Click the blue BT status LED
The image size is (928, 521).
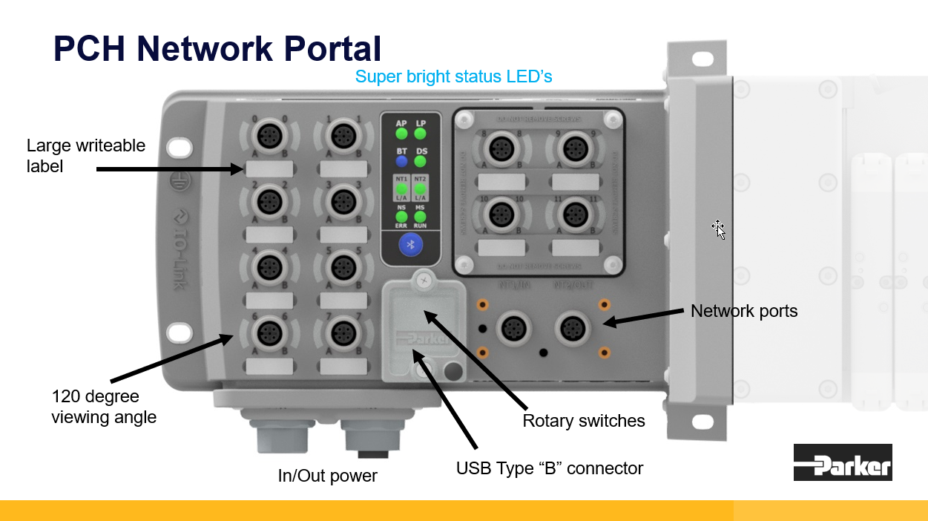[401, 160]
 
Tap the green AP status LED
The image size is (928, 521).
[401, 134]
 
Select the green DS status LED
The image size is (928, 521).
[420, 160]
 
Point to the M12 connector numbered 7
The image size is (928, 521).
[342, 332]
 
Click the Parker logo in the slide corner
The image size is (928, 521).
[843, 462]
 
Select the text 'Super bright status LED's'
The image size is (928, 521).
[453, 76]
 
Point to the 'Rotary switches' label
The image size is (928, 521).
[584, 422]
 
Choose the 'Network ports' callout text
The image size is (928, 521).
[744, 311]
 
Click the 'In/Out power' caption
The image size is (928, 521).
[328, 476]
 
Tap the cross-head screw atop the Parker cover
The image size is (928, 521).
[423, 280]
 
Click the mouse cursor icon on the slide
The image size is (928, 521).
[719, 229]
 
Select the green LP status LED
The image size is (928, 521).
[420, 134]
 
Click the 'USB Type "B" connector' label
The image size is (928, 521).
[550, 469]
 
